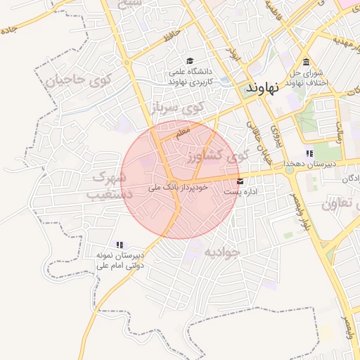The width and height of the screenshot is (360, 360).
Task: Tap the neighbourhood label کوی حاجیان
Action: pyautogui.click(x=79, y=79)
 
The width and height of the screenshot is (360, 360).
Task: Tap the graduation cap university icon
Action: pyautogui.click(x=189, y=62)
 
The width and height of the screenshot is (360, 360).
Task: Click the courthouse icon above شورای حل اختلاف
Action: pyautogui.click(x=307, y=62)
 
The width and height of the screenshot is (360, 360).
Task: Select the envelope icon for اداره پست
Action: pyautogui.click(x=241, y=180)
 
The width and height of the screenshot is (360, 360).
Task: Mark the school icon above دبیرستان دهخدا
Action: pyautogui.click(x=309, y=153)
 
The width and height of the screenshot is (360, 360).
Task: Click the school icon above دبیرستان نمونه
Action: pyautogui.click(x=120, y=244)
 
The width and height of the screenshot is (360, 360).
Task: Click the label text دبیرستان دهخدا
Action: pyautogui.click(x=309, y=164)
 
